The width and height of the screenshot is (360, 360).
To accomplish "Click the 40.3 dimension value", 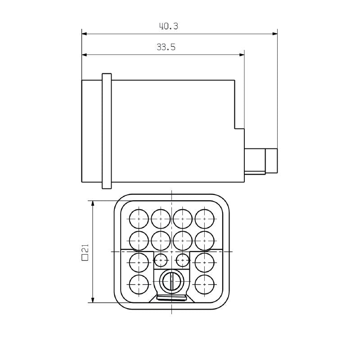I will coord(169,26).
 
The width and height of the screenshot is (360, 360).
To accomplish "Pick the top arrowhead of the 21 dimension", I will coord(93,204).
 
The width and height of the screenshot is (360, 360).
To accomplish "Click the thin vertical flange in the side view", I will coord(107,131).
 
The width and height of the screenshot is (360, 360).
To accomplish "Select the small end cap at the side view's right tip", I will coord(271,161).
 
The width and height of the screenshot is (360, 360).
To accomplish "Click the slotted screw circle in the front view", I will coord(172,282).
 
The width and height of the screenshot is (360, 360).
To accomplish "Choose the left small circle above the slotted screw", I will coord(161,260).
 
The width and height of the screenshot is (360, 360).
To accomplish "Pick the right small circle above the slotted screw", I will coord(182,260).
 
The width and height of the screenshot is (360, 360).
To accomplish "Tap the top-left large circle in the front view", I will coord(139,219).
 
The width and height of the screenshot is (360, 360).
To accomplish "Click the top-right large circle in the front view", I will coord(205,219).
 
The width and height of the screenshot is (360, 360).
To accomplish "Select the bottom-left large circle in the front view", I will coord(139,283).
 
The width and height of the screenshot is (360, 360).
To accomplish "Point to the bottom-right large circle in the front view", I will coord(205,283).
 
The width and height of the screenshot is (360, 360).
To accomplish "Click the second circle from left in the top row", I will coord(161,219).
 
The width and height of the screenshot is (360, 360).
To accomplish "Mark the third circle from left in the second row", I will coord(183,240).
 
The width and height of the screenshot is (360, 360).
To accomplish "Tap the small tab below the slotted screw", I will coord(172,297).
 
